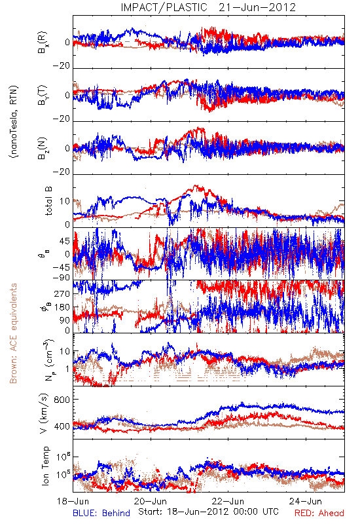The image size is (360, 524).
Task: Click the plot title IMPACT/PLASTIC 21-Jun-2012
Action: pyautogui.click(x=208, y=7)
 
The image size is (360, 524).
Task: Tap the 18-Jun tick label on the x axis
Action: pyautogui.click(x=73, y=501)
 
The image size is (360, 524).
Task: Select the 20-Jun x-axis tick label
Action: pyautogui.click(x=151, y=501)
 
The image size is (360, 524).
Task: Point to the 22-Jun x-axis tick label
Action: pyautogui.click(x=228, y=501)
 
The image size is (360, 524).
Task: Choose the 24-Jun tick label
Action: pyautogui.click(x=306, y=501)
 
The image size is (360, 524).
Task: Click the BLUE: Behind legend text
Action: pyautogui.click(x=101, y=513)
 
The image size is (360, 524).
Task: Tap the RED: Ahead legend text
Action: pyautogui.click(x=319, y=513)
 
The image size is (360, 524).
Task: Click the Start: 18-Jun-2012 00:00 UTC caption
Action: pyautogui.click(x=208, y=512)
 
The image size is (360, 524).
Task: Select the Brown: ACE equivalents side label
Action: pyautogui.click(x=13, y=333)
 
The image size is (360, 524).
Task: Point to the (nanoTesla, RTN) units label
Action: pyautogui.click(x=14, y=121)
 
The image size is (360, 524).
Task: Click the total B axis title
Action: pyautogui.click(x=48, y=201)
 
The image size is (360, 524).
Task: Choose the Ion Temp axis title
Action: pyautogui.click(x=45, y=466)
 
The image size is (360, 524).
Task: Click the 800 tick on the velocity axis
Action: pyautogui.click(x=62, y=400)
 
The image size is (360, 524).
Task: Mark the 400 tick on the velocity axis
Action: pyautogui.click(x=62, y=426)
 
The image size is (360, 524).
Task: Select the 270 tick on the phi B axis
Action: pyautogui.click(x=62, y=293)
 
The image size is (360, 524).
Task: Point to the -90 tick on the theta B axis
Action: pyautogui.click(x=62, y=278)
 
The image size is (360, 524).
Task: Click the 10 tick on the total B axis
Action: pyautogui.click(x=65, y=201)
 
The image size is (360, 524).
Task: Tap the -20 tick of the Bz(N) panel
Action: pyautogui.click(x=62, y=172)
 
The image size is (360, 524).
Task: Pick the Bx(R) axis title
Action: pyautogui.click(x=42, y=43)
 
